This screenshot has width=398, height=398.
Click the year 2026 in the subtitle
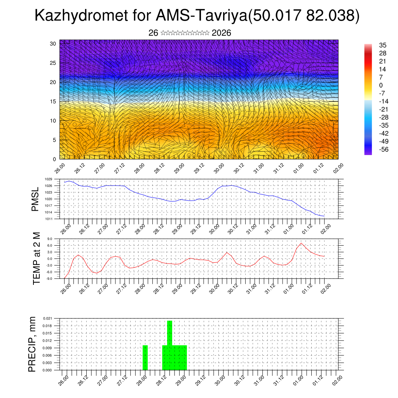(x=222, y=33)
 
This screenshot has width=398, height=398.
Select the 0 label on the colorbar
(x=381, y=85)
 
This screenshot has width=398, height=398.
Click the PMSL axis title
(x=35, y=199)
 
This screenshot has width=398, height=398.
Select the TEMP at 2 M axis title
(x=37, y=258)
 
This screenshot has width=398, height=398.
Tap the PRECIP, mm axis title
(x=33, y=344)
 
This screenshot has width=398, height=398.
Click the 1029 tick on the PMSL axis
(x=48, y=179)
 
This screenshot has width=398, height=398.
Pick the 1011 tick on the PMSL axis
(x=48, y=219)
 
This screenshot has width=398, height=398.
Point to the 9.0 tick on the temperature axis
(x=50, y=239)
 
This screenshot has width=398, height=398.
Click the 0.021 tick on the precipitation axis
(x=47, y=318)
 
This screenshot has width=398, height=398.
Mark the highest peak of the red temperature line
(x=301, y=243)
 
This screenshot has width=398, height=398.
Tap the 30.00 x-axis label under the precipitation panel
(x=220, y=380)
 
